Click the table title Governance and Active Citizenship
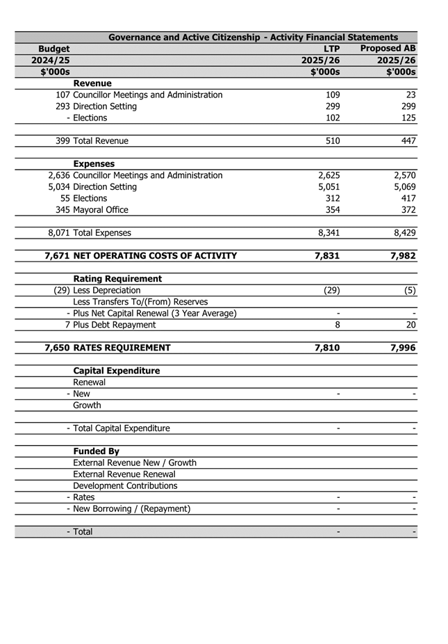pos(253,38)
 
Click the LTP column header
pos(331,49)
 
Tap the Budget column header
pos(53,49)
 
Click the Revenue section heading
pos(92,83)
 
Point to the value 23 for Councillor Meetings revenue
pos(410,95)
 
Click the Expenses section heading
pos(94,164)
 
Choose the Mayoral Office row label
pos(101,210)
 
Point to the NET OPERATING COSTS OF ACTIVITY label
pos(154,256)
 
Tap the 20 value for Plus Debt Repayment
pos(410,325)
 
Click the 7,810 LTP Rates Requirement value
pos(327,348)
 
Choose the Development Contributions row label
pos(125,485)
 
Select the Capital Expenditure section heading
pos(116,371)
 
